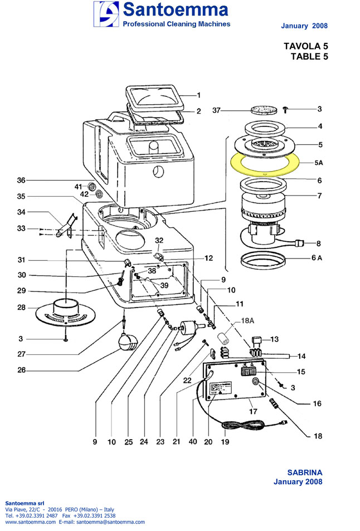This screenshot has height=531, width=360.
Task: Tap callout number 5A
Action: click(318, 163)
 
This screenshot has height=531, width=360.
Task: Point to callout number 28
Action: click(21, 308)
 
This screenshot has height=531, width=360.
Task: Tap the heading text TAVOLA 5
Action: click(306, 47)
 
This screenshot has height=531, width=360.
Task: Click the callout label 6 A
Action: click(316, 257)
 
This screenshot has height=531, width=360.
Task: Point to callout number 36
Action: click(21, 180)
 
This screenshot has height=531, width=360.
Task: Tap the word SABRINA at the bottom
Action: click(304, 472)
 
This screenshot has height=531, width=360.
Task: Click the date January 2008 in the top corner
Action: click(304, 26)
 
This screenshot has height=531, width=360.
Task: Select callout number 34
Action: click(21, 212)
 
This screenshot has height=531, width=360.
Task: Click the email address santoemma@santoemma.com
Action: click(110, 522)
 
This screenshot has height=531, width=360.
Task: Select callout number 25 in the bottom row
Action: click(129, 442)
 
